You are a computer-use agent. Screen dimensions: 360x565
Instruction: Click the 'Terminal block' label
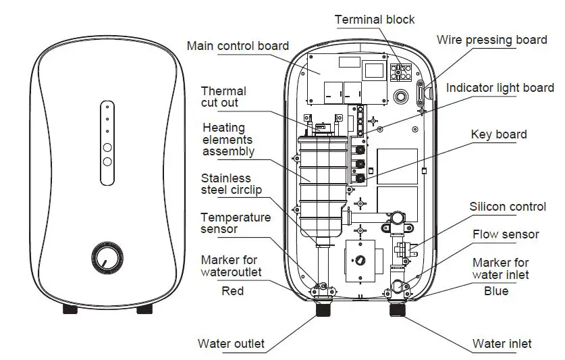[x=375, y=19]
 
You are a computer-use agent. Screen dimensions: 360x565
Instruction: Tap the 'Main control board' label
[x=238, y=46]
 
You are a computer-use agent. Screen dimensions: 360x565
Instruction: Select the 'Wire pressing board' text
[x=491, y=40]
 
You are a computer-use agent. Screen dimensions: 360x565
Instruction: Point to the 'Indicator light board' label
[x=500, y=88]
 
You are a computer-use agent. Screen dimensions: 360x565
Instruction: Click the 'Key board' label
[x=499, y=134]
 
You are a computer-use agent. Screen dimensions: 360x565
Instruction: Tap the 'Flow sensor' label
[x=506, y=234]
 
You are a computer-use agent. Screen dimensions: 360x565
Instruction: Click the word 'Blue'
[x=496, y=291]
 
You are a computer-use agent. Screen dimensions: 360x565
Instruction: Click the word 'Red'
[x=233, y=291]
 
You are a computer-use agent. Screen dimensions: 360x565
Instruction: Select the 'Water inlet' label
[x=502, y=344]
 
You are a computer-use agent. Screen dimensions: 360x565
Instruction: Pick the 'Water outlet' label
[x=231, y=344]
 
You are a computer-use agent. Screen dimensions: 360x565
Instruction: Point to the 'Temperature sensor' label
[x=236, y=224]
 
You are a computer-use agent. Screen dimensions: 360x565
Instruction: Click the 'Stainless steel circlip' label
[x=231, y=184]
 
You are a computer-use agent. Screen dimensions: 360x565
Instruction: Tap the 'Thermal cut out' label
[x=223, y=97]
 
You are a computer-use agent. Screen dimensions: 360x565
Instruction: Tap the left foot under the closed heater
[x=71, y=309]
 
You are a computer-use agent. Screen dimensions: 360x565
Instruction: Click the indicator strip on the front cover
[x=107, y=143]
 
